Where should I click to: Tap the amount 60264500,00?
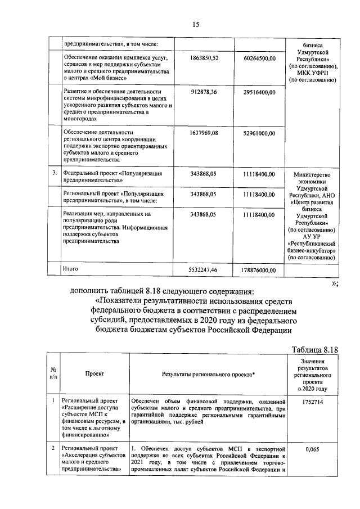click(x=259, y=58)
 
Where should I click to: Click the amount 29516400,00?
click(x=259, y=91)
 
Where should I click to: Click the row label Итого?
click(x=71, y=269)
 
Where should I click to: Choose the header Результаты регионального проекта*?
click(x=209, y=374)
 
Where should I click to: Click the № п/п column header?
click(x=53, y=373)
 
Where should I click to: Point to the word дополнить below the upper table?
click(x=91, y=291)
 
